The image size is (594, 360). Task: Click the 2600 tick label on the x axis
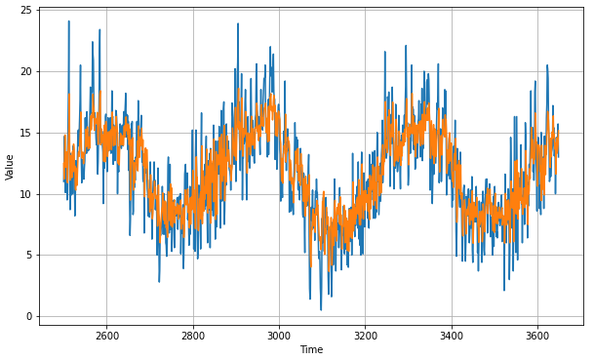click(107, 336)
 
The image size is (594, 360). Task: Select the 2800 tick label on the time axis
click(193, 336)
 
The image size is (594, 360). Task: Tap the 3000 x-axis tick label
click(279, 336)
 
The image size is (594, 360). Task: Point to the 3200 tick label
click(365, 336)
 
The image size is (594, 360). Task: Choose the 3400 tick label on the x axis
click(451, 336)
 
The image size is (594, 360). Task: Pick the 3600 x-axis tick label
click(536, 336)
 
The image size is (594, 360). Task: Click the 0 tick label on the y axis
click(30, 317)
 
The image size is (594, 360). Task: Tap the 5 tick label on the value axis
click(30, 256)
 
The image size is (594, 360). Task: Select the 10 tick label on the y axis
click(27, 194)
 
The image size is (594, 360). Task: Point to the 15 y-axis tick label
click(27, 133)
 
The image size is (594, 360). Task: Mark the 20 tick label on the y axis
click(27, 71)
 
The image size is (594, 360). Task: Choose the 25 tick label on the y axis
click(27, 11)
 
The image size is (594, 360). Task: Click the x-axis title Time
click(311, 349)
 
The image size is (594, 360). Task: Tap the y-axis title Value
click(10, 166)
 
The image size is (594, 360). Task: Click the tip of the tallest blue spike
click(68, 21)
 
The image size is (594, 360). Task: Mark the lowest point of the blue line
click(321, 310)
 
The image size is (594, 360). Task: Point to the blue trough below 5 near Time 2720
click(159, 282)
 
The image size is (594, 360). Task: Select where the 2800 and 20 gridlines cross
click(193, 71)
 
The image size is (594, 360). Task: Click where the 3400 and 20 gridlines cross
click(451, 71)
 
